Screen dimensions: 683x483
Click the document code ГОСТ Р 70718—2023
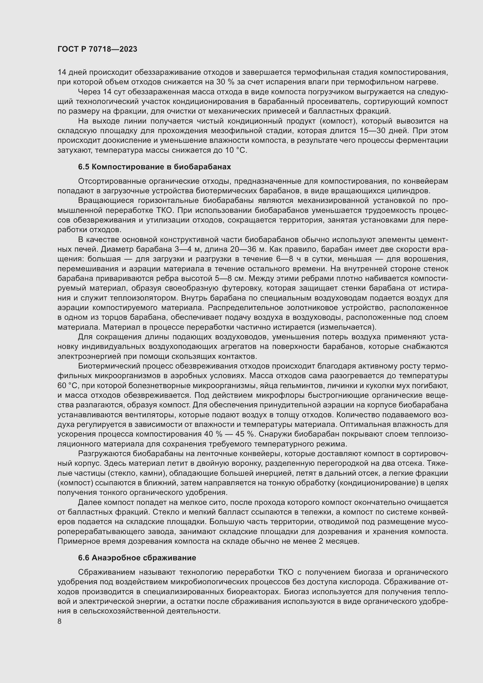coord(97,49)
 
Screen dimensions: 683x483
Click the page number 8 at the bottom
coord(60,621)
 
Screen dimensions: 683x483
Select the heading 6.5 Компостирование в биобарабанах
coord(154,167)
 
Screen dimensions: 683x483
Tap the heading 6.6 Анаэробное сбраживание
coord(137,558)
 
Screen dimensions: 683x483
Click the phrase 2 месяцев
coord(339,541)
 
